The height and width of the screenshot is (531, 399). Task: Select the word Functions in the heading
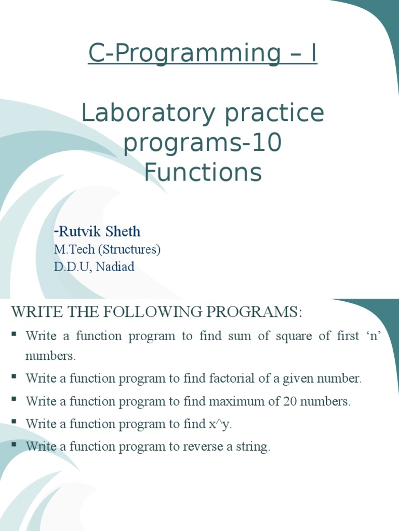click(203, 173)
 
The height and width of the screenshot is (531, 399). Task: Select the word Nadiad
click(115, 267)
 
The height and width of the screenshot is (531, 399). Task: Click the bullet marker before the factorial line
click(14, 376)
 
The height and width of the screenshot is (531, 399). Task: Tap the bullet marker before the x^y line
click(14, 422)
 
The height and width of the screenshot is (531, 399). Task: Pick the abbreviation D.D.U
click(73, 267)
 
